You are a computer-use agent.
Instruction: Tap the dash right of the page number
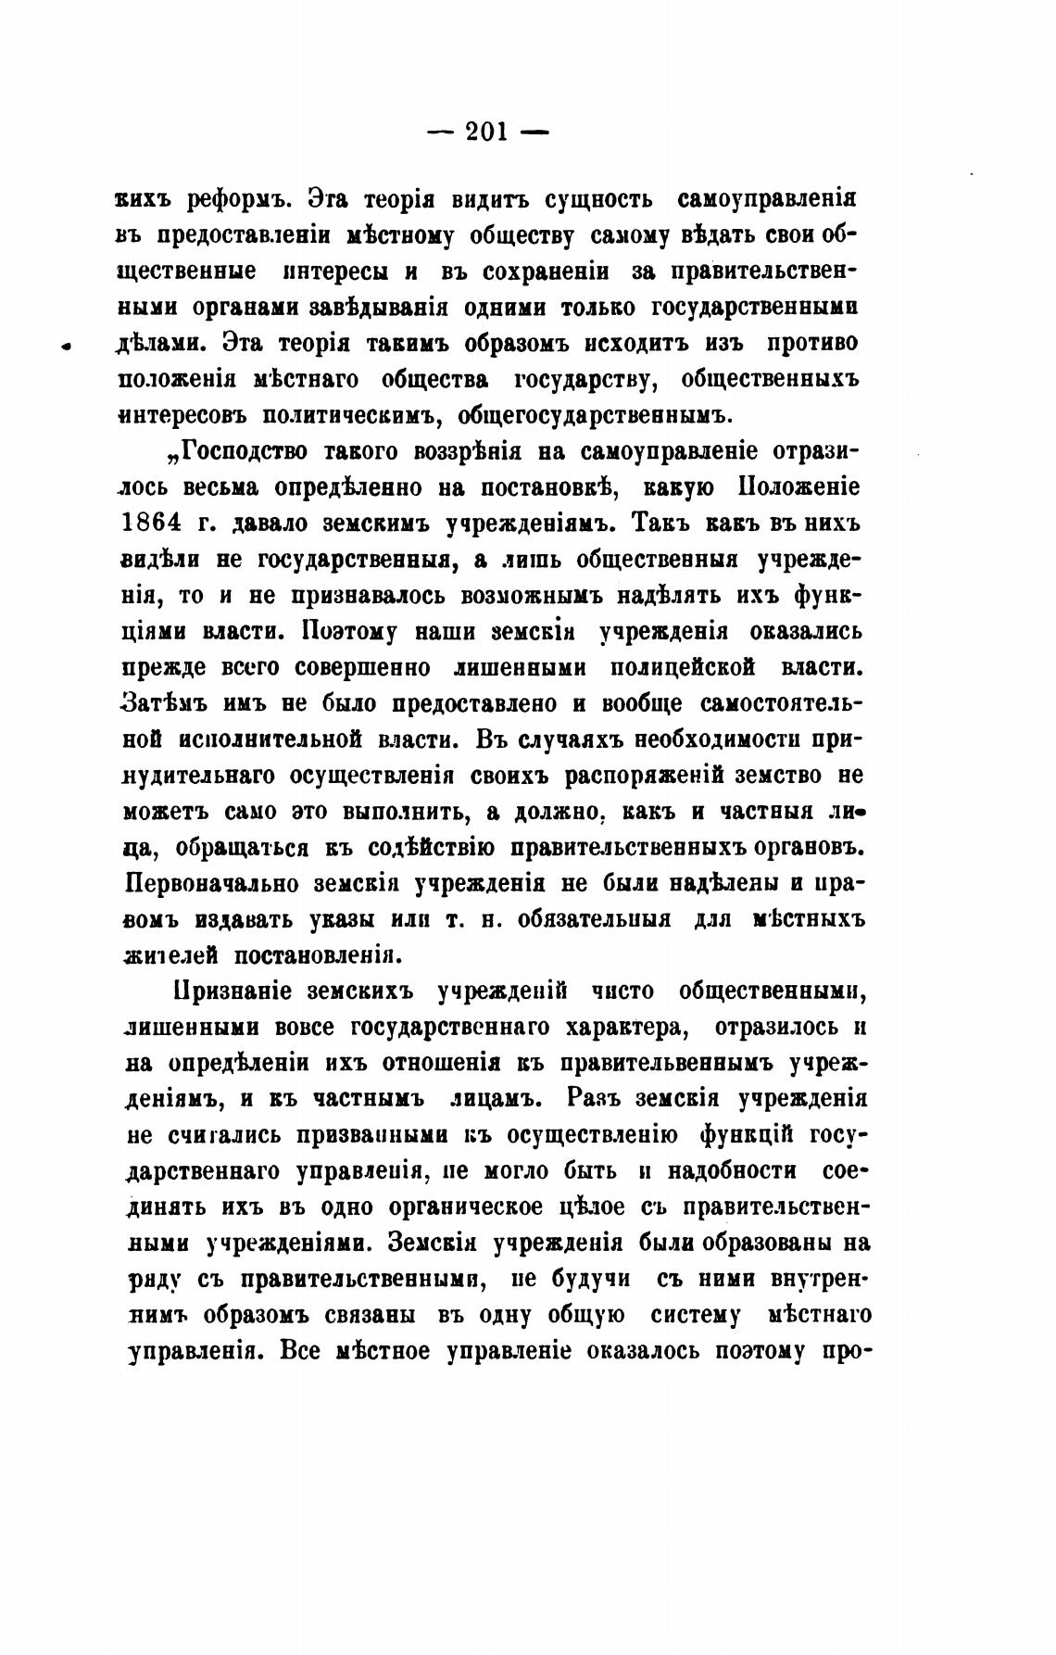point(536,133)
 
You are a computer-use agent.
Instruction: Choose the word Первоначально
point(212,883)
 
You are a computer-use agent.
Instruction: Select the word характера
point(608,1027)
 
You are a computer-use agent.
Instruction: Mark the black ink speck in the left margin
point(66,347)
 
